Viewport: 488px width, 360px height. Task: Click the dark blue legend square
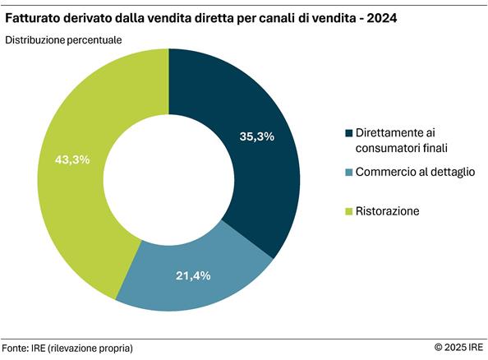point(349,133)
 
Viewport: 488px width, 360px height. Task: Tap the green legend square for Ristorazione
point(349,211)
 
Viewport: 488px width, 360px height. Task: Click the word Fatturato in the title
point(35,16)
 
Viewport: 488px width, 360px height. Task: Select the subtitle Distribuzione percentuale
point(64,39)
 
